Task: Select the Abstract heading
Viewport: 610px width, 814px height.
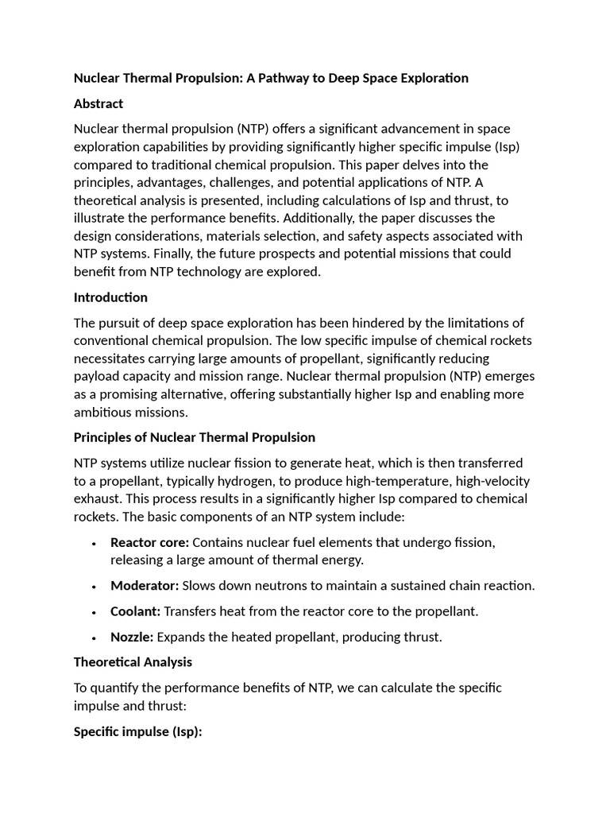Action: [98, 103]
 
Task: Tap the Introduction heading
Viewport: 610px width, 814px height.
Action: [110, 297]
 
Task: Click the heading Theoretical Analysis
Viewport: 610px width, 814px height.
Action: [133, 661]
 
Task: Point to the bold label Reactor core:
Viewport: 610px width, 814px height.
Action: [149, 542]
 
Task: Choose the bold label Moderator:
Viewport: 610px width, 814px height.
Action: [145, 585]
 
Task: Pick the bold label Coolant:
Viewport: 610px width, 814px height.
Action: [136, 611]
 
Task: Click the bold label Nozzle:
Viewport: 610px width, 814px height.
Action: [132, 637]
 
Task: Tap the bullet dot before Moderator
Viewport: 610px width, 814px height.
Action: [94, 587]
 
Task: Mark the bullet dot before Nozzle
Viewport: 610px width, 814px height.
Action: [94, 638]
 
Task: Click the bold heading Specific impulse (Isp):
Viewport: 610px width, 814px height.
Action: [137, 731]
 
